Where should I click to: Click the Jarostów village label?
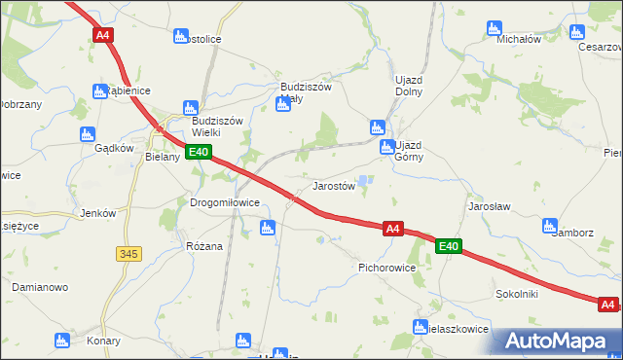coord(333,185)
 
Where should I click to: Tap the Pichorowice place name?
coord(387,267)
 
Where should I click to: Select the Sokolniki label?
coord(517,292)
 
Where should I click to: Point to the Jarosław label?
coord(490,207)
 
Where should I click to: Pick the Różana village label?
coord(204,246)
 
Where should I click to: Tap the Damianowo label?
coord(39,288)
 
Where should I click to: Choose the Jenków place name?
coord(98,213)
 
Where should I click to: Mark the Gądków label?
coord(114,148)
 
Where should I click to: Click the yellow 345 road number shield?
coord(128,253)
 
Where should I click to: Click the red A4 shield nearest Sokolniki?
coord(607,305)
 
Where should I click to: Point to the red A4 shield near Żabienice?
coord(103,34)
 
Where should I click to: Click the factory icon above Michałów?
coord(495,29)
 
